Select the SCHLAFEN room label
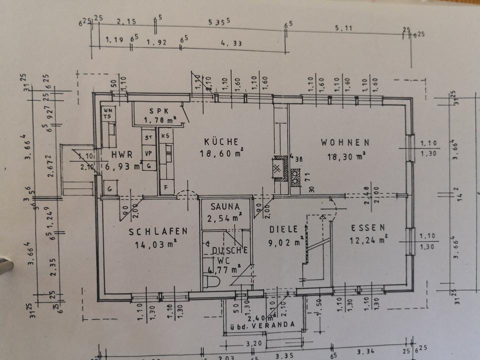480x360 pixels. (158, 231)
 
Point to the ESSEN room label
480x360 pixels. (368, 227)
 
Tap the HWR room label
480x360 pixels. (122, 154)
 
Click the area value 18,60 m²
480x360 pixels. (220, 153)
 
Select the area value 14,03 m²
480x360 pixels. (155, 244)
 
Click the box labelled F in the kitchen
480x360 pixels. (165, 188)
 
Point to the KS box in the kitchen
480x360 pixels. (165, 135)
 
